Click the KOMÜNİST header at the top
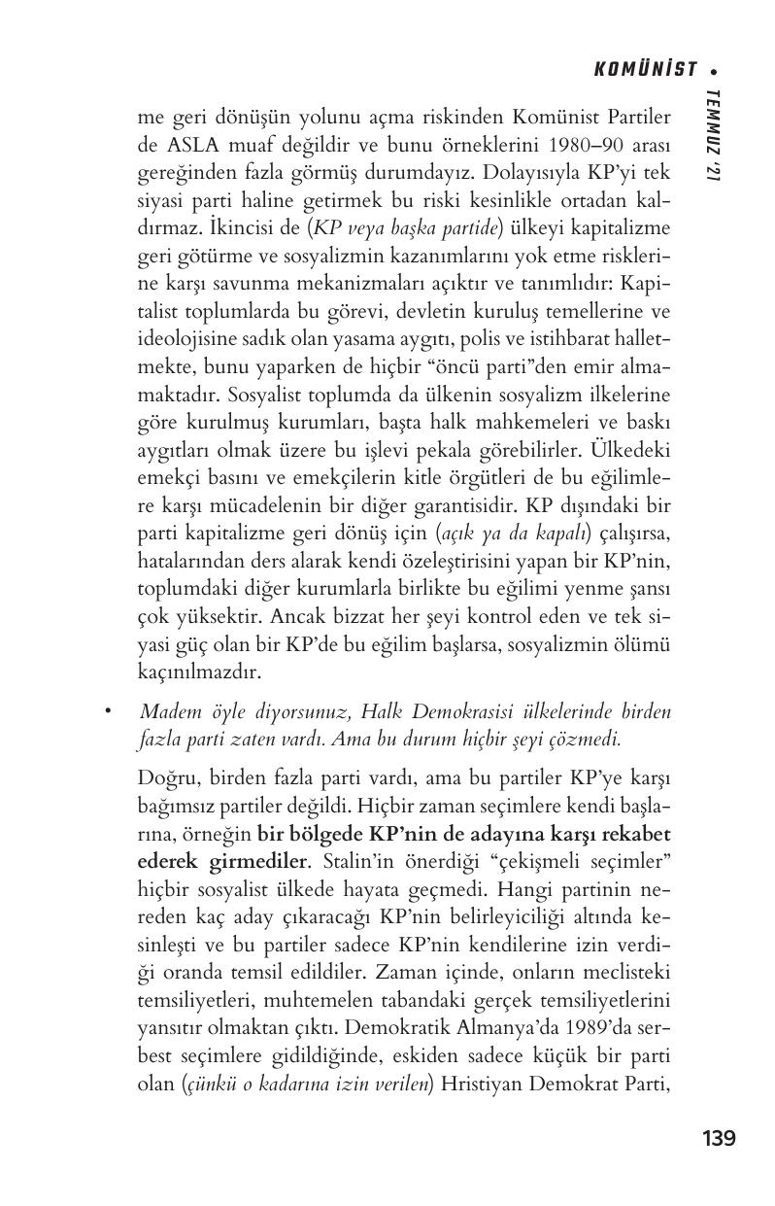point(645,69)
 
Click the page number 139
point(719,1137)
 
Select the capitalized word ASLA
point(186,144)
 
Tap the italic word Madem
point(168,712)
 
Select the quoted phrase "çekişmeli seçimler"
point(580,861)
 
